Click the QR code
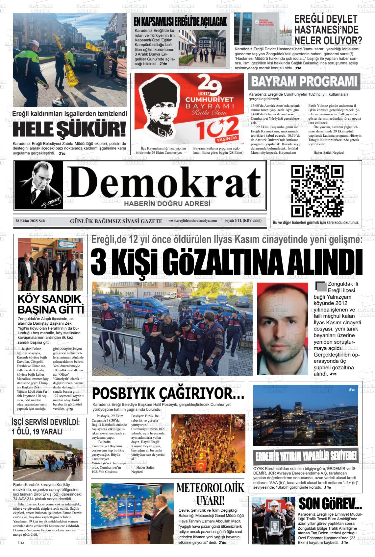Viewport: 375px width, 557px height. tap(317, 191)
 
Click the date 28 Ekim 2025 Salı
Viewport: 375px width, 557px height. tap(30, 221)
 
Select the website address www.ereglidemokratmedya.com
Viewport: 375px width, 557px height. tap(192, 221)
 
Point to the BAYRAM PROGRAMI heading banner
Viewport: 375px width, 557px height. tap(304, 81)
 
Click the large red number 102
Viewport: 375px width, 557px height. tap(217, 127)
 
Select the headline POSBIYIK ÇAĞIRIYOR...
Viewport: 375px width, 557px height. tap(168, 393)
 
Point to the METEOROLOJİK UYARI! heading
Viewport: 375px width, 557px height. tap(211, 494)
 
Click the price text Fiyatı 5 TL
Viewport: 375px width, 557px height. tap(243, 220)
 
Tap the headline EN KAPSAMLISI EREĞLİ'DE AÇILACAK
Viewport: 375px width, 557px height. tap(180, 22)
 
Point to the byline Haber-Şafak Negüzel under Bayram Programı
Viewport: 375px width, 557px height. tap(329, 153)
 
